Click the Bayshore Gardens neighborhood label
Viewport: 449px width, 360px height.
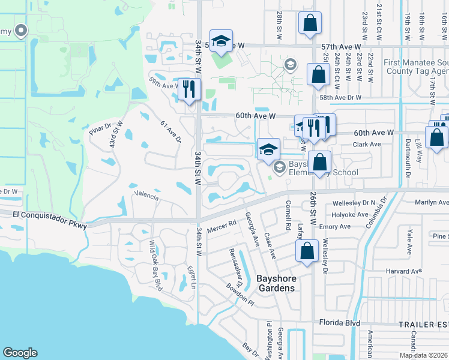(276, 283)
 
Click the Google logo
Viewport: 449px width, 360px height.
(20, 353)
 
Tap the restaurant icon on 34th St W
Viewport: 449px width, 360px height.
(190, 89)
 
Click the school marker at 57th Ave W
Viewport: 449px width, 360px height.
(221, 41)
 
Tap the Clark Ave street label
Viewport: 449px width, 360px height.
(367, 145)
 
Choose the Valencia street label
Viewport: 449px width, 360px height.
(146, 196)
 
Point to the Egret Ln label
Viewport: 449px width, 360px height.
(191, 275)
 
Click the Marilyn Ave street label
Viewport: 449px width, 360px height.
(427, 203)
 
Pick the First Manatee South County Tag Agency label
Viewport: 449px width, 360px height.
(415, 67)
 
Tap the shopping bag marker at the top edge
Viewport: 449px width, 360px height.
(310, 23)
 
